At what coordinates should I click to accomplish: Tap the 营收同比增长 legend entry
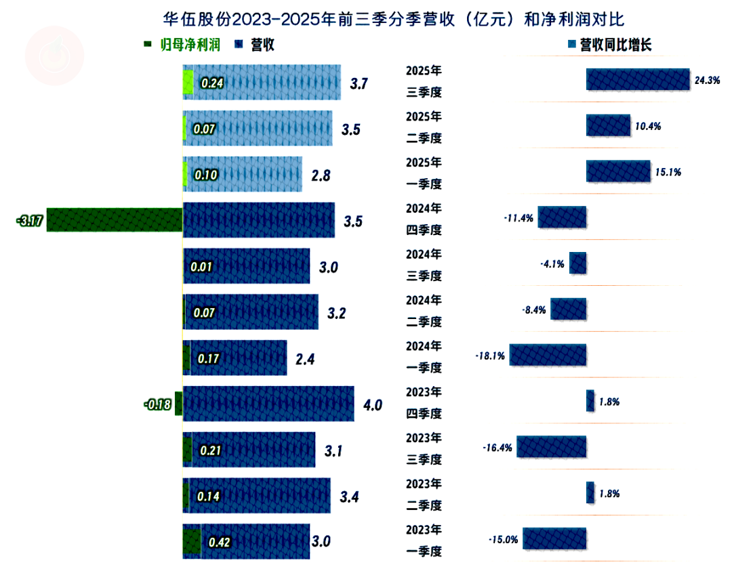(613, 45)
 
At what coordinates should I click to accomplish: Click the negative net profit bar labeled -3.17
(115, 220)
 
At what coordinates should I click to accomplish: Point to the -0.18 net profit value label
(156, 404)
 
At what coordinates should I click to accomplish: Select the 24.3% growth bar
(638, 79)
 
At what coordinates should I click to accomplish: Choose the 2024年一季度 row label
(424, 357)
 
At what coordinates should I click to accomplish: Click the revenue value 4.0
(373, 405)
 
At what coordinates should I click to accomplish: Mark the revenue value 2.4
(306, 358)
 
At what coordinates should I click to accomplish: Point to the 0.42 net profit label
(220, 542)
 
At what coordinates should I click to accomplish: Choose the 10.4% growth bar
(608, 125)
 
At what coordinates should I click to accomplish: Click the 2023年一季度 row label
(424, 541)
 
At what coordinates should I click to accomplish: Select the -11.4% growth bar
(562, 217)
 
